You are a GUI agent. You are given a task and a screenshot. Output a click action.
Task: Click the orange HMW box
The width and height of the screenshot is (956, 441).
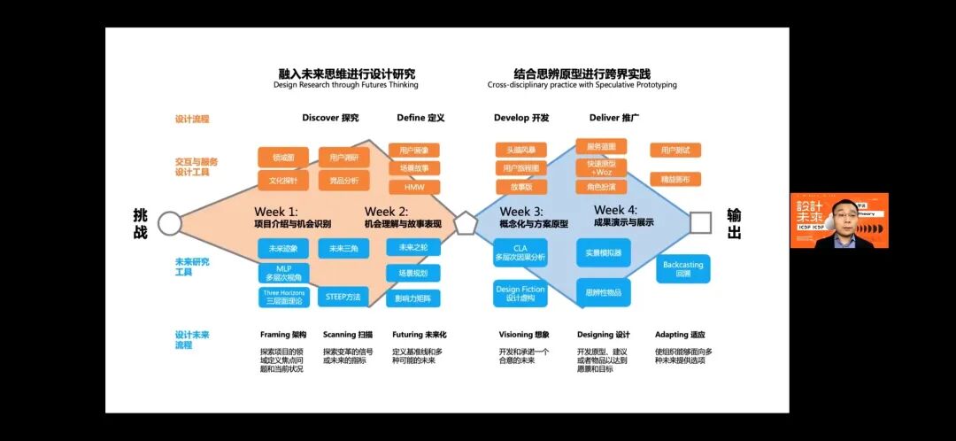414,188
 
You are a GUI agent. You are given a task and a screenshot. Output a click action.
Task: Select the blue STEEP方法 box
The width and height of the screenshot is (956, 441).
343,297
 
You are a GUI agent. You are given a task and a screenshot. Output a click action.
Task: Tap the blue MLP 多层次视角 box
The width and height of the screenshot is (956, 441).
283,272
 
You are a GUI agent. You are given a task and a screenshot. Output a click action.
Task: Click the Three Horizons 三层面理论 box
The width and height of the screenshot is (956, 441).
283,297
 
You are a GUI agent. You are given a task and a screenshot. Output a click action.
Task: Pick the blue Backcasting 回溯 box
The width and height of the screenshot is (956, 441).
682,269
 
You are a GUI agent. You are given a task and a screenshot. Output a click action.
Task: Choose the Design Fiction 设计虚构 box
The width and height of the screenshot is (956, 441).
520,293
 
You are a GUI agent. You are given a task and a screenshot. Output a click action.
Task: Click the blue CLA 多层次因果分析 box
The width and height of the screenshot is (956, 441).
520,252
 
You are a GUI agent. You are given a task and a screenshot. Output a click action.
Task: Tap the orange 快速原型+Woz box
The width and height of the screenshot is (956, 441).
601,167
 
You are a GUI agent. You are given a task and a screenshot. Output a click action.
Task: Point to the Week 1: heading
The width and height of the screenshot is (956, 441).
276,212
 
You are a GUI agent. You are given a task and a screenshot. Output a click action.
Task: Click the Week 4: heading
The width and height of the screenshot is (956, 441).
616,211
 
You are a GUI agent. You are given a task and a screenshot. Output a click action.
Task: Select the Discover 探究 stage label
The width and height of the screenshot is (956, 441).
330,118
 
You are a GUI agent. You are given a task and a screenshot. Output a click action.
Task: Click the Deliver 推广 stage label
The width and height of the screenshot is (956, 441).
614,118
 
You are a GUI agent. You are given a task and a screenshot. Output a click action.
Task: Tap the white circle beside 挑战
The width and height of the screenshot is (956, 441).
169,223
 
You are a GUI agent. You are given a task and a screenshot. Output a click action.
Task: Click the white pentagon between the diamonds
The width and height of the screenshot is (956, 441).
466,223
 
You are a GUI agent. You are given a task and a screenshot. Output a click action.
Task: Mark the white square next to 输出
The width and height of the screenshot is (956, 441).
700,222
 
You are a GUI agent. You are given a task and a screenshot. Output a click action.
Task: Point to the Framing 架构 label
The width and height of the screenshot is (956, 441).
283,335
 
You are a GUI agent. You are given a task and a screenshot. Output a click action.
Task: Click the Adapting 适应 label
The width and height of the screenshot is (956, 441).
680,335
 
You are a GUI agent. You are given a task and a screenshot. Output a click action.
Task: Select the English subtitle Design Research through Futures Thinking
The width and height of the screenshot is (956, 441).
346,85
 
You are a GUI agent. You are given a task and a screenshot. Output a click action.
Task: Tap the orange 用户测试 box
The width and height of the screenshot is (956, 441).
675,151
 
